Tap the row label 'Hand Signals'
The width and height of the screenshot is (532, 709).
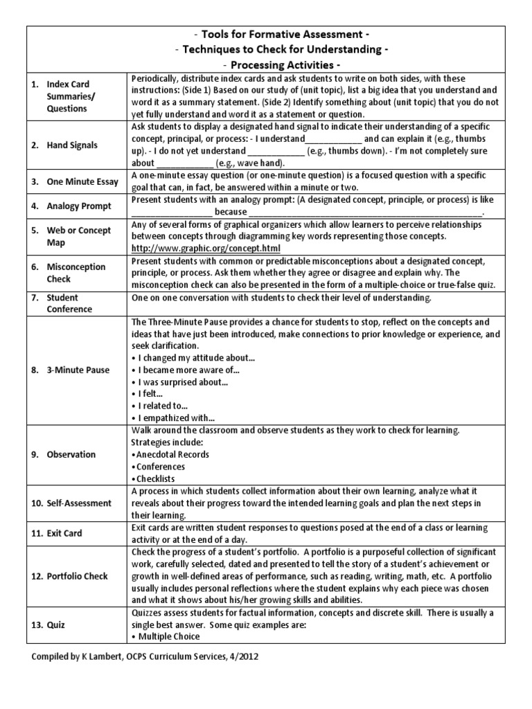72,145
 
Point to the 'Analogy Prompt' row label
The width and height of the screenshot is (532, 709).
76,206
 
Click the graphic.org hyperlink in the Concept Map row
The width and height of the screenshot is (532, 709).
206,248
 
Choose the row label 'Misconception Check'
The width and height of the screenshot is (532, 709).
76,273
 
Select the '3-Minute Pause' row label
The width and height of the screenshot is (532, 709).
78,370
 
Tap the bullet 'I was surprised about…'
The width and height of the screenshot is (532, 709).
180,382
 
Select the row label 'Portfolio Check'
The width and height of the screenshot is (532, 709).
76,576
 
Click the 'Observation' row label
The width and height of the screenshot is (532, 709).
71,455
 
